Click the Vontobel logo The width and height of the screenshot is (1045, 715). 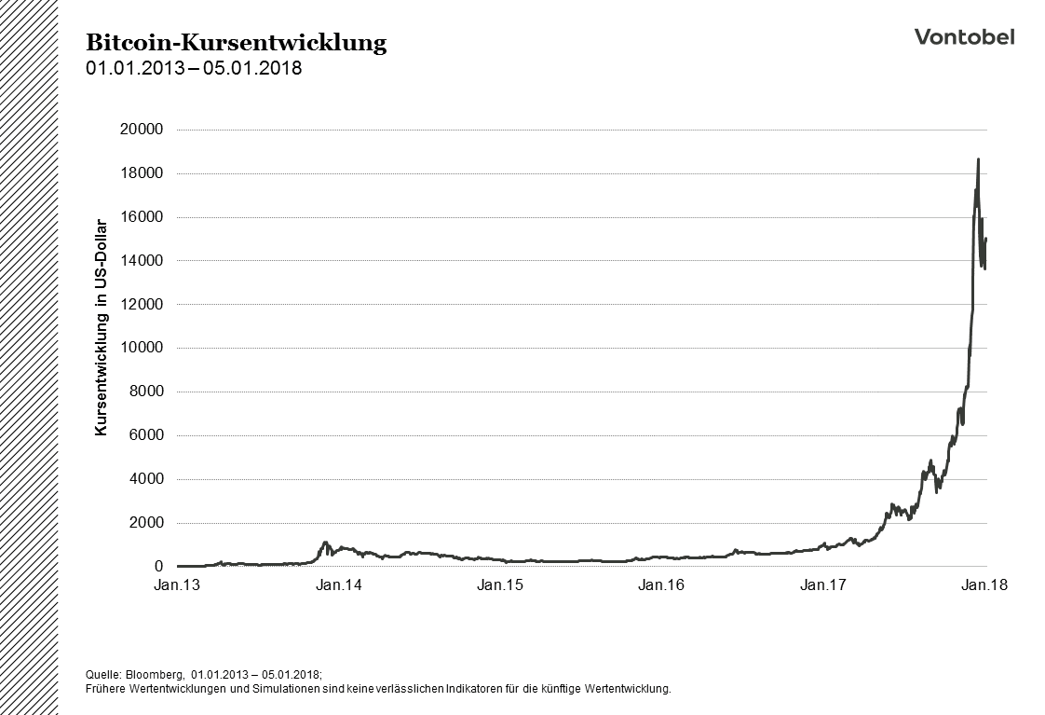pos(964,36)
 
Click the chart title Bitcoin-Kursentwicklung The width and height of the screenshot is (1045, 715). pos(236,43)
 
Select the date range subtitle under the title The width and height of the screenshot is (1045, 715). pos(194,68)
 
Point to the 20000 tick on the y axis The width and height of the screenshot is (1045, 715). pos(142,130)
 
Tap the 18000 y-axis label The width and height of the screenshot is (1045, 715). pos(142,173)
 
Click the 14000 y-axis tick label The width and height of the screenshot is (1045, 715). pos(142,261)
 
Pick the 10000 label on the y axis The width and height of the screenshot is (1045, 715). pos(142,348)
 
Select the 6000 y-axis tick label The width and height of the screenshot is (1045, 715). pos(146,435)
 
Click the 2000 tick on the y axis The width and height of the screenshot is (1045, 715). pos(146,523)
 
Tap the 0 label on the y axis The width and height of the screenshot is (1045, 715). pos(159,567)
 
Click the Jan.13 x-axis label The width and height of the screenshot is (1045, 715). pos(178,585)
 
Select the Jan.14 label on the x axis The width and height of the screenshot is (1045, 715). pos(339,585)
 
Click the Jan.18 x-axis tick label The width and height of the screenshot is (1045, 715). pos(984,585)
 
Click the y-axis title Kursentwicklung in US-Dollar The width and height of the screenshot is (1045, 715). pos(102,327)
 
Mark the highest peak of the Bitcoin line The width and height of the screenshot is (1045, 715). pos(978,159)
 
